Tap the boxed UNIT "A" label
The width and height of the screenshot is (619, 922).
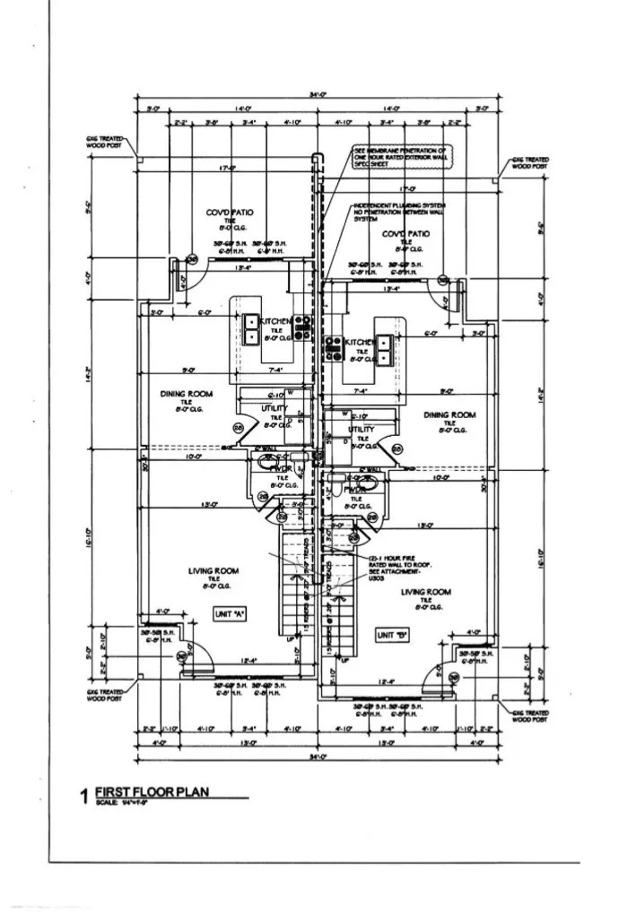230,613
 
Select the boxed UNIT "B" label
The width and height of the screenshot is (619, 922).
392,635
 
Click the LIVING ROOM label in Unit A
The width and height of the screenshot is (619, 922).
214,570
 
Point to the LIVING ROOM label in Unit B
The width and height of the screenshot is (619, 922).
426,592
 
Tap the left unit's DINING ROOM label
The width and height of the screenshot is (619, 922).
186,394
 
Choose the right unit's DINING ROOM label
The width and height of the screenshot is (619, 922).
449,415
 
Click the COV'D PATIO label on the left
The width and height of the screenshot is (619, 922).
230,213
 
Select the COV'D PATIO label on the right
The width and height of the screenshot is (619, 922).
405,233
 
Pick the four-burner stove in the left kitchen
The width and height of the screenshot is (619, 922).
302,326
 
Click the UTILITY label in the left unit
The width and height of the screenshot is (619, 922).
275,409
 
